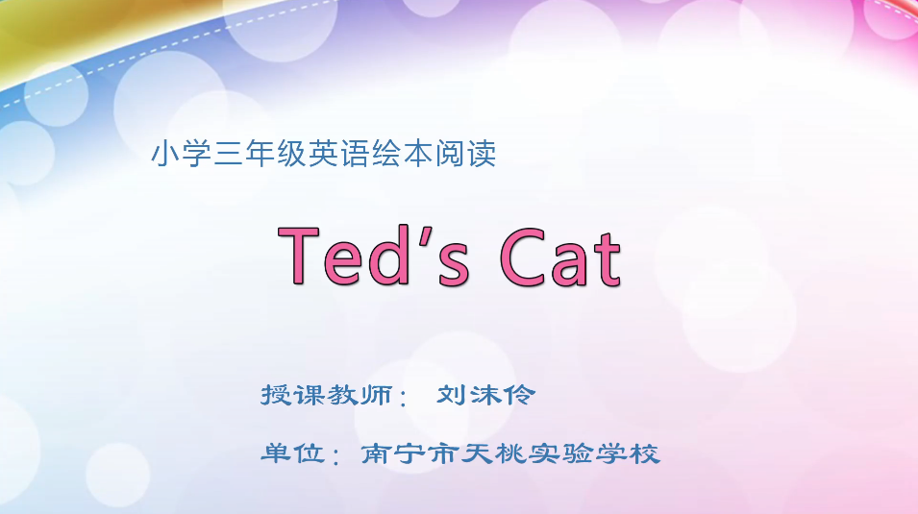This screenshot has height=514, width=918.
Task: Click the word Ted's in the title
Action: (x=374, y=256)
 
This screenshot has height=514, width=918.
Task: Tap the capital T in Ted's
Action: (x=300, y=256)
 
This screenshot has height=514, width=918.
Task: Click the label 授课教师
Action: (x=327, y=395)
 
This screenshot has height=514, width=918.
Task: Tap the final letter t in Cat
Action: (x=606, y=257)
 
